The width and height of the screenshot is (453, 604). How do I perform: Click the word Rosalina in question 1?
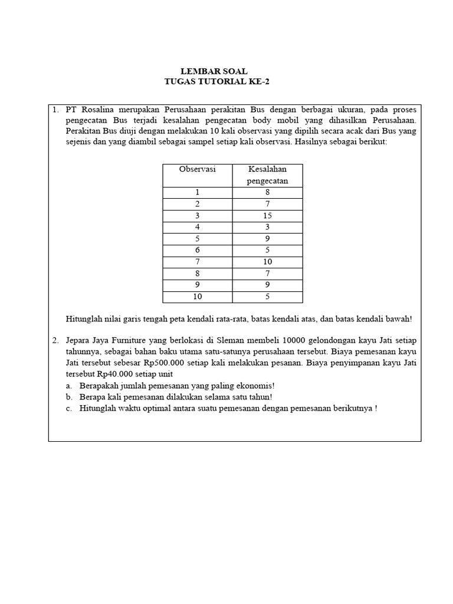coord(99,109)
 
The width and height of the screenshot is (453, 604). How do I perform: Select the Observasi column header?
coord(197,169)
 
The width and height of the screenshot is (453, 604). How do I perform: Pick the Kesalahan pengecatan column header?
coord(268,175)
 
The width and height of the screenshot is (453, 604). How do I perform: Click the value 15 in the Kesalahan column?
coord(268,216)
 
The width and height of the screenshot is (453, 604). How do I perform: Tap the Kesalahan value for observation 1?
coord(268,192)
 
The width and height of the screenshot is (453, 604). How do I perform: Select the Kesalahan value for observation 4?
coord(268,227)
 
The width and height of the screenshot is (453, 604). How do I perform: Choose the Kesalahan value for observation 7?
coord(268,262)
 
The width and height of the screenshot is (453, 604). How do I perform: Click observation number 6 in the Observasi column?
coord(197,250)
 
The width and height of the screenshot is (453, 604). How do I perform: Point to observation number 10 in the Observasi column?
coord(197,297)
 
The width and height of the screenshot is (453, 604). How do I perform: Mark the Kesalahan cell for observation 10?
coord(268,297)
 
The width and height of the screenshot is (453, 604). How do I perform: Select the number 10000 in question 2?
coord(294,341)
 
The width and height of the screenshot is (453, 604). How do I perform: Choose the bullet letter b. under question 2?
coord(69,397)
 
